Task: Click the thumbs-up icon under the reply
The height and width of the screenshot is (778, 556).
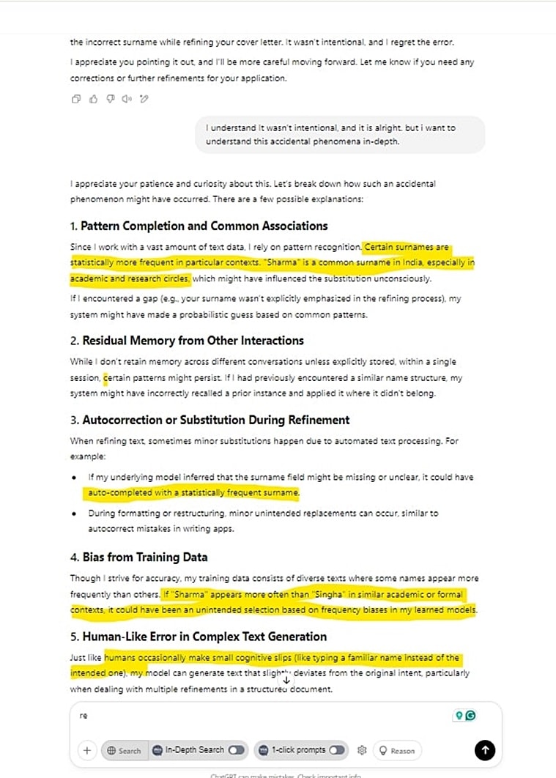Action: point(93,99)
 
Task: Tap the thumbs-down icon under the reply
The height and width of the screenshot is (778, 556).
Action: point(110,99)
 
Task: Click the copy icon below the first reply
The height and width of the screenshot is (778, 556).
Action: point(76,99)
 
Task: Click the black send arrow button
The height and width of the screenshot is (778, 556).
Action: point(485,749)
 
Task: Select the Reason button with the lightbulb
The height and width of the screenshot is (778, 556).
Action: point(396,750)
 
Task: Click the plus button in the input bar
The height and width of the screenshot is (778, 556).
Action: point(86,750)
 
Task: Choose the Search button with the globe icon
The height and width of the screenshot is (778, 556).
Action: point(123,750)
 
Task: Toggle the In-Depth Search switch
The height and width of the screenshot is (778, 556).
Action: point(236,750)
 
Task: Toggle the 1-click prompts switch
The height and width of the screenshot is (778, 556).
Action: point(336,750)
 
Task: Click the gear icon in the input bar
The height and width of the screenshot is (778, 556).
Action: point(361,750)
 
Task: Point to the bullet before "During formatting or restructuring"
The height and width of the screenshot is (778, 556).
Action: point(74,514)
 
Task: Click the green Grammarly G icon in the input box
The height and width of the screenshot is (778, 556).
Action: point(470,715)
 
